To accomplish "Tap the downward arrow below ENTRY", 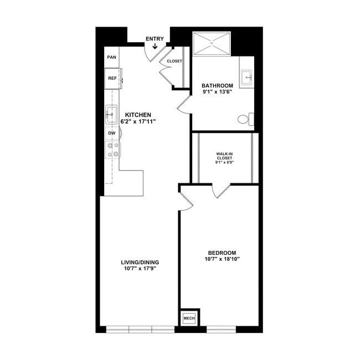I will pos(154,47).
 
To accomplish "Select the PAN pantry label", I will pos(111,56).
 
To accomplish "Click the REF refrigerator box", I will pos(112,79).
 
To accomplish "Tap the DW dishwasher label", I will pos(111,133).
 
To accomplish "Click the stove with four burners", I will pos(112,150).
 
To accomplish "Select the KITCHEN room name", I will pos(138,115).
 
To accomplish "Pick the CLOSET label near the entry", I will pos(174,61).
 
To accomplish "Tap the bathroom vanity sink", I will pos(247,79).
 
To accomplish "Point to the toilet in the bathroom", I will pos(244,119).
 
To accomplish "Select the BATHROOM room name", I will pos(217,85).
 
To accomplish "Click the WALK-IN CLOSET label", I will pos(224,155).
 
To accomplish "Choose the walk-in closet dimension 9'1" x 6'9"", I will pos(224,163).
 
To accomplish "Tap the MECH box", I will pos(189,318).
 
